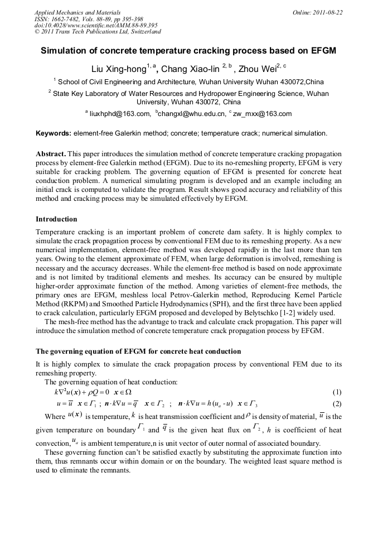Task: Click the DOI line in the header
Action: tap(96, 25)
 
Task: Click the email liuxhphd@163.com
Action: tap(120, 114)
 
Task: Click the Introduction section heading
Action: tap(56, 219)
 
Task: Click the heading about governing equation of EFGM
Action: tap(138, 351)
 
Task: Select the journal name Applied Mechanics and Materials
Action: tap(77, 12)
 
